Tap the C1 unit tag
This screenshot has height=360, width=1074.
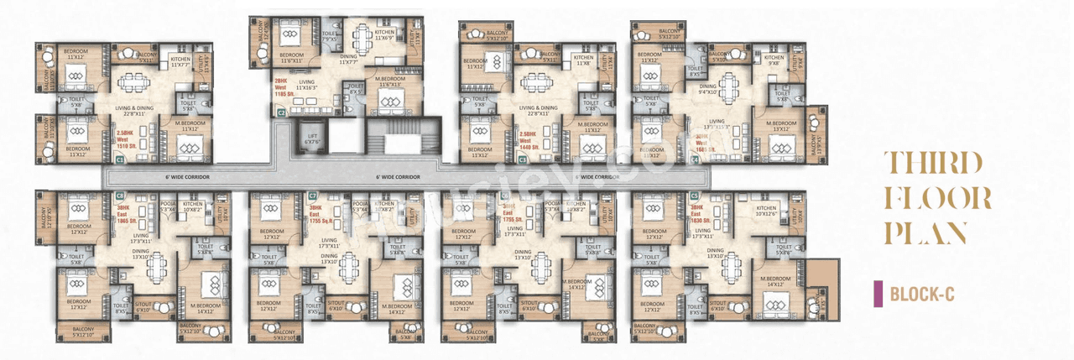(121, 158)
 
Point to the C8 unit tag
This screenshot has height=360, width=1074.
(120, 195)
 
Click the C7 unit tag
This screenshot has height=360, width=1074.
(312, 195)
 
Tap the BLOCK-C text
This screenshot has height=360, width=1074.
(922, 294)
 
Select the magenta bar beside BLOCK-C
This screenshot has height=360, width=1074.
(878, 294)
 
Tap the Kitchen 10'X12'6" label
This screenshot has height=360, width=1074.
(773, 211)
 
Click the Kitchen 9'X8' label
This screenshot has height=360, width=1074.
(769, 60)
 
